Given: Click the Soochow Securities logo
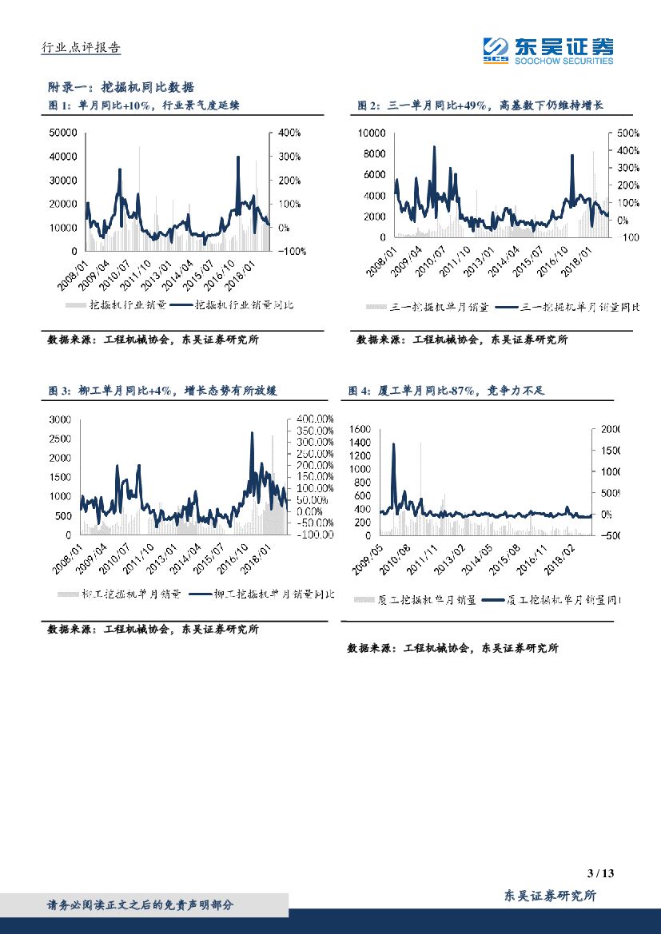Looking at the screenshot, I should coord(548,50).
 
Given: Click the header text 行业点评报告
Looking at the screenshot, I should coord(81,48).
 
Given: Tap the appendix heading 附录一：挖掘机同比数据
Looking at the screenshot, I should coord(121,87).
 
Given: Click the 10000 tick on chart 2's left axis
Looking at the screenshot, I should coord(372,133).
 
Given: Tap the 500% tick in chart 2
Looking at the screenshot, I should coord(620,133).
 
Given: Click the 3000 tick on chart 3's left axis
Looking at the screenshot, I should coord(60,419).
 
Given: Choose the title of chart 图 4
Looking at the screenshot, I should coord(446,391).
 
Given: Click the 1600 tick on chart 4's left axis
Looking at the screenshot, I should coord(360,429).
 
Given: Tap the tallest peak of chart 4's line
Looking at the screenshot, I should coord(393,444).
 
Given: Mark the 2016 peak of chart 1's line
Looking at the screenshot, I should coord(238,157).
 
